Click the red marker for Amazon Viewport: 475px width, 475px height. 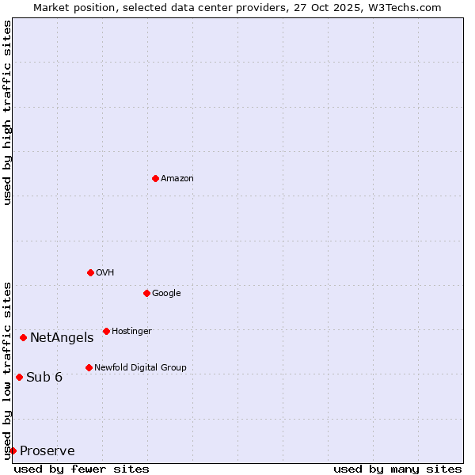[x=155, y=178]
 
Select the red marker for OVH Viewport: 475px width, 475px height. [x=90, y=272]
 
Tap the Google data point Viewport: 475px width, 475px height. [x=146, y=293]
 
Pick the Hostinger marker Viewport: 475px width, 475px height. [x=106, y=331]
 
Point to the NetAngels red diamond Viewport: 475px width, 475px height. [x=23, y=337]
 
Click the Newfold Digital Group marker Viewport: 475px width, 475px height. [x=89, y=367]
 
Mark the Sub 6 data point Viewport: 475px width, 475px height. [x=19, y=377]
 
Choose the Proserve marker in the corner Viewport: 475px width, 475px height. [x=13, y=450]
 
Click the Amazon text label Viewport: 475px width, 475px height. [x=177, y=179]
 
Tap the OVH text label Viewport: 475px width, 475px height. [x=105, y=273]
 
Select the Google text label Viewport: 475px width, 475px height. [x=166, y=294]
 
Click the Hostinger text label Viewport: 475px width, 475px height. [x=131, y=332]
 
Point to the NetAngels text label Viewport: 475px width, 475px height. [x=62, y=338]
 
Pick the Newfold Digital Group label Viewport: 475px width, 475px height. [x=140, y=368]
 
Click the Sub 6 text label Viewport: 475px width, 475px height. [x=44, y=378]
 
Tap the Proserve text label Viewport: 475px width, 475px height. [x=47, y=451]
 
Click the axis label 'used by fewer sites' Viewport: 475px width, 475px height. [x=82, y=469]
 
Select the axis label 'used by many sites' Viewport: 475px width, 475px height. [x=397, y=469]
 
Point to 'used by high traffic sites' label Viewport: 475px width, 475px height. [x=7, y=112]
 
